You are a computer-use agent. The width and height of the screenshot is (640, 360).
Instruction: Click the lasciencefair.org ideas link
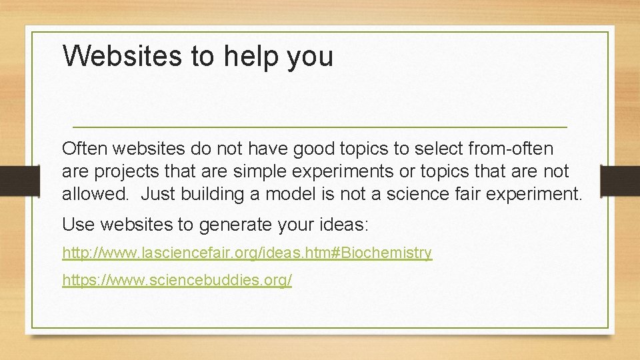pos(247,253)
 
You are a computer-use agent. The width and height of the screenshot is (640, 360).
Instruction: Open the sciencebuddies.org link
pos(177,280)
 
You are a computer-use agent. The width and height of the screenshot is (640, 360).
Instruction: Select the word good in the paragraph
pos(321,148)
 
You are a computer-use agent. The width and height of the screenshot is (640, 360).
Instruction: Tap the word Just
pos(155,195)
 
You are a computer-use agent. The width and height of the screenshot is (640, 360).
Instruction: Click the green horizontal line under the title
pos(319,127)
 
